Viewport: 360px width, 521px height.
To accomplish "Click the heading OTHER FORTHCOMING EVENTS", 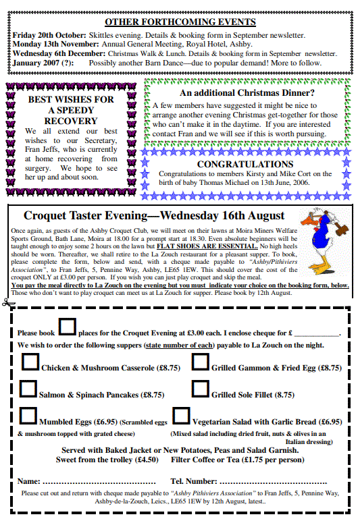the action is (180, 22).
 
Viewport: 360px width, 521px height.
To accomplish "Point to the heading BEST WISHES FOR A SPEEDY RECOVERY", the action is (71, 109).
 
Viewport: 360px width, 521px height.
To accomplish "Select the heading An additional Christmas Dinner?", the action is (247, 93).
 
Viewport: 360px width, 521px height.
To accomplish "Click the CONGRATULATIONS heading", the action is (245, 164).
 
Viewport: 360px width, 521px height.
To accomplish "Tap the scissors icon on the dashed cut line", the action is (7, 301).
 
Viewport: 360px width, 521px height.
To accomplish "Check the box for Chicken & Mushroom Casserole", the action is (30, 362).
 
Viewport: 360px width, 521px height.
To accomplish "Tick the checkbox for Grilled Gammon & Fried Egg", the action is (200, 362).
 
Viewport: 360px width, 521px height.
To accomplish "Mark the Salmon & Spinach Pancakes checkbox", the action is (28, 389).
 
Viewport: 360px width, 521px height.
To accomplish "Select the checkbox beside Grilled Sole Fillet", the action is (200, 389).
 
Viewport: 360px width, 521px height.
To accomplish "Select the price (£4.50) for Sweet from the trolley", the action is (147, 460).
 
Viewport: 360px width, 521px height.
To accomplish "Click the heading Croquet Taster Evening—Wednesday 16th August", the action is (154, 216).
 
